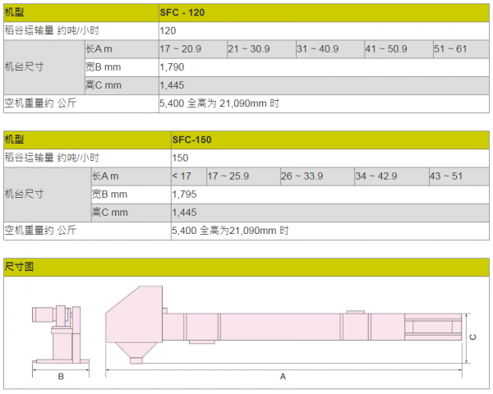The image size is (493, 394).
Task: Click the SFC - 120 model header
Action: click(x=182, y=12)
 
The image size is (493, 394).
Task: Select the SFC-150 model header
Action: click(x=191, y=140)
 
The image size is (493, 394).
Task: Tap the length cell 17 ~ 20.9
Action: click(x=180, y=49)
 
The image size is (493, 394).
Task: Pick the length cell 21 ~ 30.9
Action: click(x=249, y=49)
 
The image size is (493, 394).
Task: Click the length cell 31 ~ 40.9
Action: click(x=317, y=49)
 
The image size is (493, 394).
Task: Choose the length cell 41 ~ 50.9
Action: click(x=386, y=49)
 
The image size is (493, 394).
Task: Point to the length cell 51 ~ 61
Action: click(x=450, y=49)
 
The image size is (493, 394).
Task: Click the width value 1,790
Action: click(x=172, y=67)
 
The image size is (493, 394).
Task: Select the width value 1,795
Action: click(x=184, y=195)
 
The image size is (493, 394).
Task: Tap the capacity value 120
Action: click(x=168, y=31)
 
